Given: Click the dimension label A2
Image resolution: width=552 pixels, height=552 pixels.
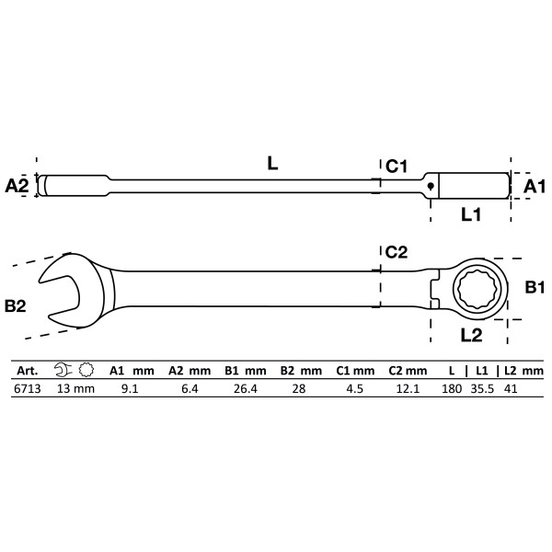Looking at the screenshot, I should (x=17, y=186).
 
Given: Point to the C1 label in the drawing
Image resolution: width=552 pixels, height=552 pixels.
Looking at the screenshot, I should (x=397, y=166).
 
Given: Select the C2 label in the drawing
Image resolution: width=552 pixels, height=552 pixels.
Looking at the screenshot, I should (x=397, y=251).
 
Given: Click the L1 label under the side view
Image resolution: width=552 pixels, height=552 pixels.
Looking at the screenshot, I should (x=472, y=213).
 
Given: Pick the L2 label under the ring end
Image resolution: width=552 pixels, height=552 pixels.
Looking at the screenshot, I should (x=471, y=336).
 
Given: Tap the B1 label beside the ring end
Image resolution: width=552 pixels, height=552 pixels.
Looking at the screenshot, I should (x=535, y=288).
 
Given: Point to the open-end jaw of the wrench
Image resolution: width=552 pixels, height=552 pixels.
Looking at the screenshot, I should (x=60, y=288).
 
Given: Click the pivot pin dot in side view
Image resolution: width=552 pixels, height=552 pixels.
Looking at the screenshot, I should (x=429, y=185).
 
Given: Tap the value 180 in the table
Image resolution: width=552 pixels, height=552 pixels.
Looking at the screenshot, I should (x=451, y=388).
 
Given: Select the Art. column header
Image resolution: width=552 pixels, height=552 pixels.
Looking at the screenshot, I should (x=23, y=370).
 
